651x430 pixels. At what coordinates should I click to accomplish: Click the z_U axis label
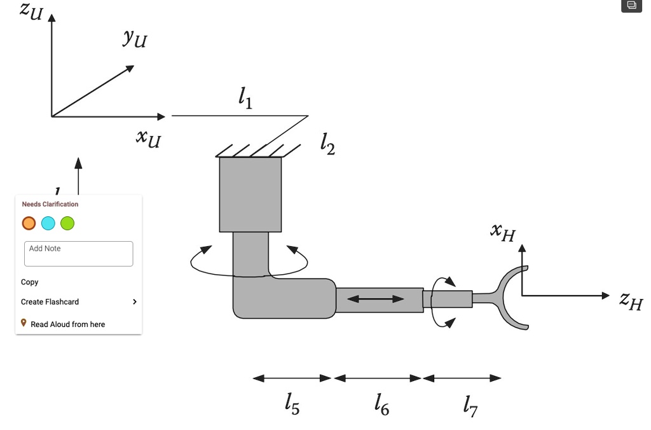(31, 11)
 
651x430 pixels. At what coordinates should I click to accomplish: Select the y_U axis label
(135, 38)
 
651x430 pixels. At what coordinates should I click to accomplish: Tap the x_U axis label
(148, 137)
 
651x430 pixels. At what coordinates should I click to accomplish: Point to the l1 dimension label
(245, 98)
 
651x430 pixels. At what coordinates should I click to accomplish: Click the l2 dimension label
(327, 146)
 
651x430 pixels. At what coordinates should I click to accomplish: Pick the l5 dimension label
(292, 404)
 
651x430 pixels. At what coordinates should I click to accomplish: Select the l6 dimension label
(381, 404)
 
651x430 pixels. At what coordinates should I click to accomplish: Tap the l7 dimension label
(470, 405)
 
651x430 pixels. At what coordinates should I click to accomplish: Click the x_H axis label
(502, 232)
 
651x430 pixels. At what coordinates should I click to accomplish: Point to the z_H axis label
(631, 300)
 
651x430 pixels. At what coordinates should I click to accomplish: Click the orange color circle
(29, 223)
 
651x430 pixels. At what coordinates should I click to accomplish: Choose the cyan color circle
(48, 223)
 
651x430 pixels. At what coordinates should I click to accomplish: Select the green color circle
(67, 223)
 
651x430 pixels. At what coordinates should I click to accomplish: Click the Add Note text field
(78, 253)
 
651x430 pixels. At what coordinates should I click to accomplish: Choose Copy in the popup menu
(30, 282)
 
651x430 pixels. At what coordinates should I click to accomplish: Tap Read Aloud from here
(67, 324)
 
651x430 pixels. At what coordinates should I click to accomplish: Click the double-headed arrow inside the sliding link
(376, 299)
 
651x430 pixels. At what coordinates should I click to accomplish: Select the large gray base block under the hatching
(250, 194)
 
